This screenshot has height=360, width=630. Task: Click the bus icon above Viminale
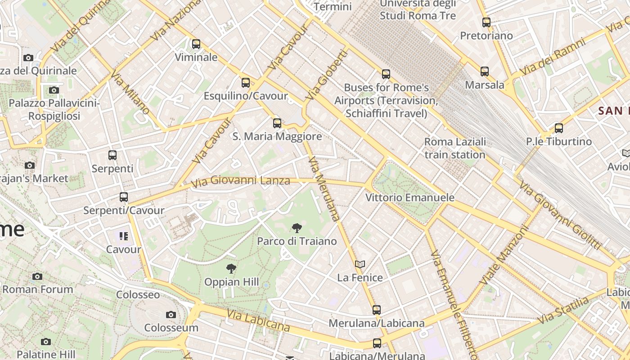click(x=196, y=44)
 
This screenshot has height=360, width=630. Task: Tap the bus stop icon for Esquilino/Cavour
click(x=245, y=83)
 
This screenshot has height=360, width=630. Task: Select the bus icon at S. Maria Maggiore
click(x=277, y=123)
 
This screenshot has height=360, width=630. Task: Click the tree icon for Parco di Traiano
click(x=297, y=228)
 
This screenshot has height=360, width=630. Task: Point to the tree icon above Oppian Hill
click(x=231, y=269)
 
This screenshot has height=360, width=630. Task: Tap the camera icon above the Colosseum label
click(x=171, y=315)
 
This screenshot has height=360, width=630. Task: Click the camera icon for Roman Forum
click(x=37, y=276)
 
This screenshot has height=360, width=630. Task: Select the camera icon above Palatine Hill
click(x=45, y=342)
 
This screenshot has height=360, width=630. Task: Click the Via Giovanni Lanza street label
click(x=240, y=181)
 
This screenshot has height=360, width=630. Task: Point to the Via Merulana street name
click(x=324, y=189)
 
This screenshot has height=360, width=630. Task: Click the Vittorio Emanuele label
click(x=409, y=198)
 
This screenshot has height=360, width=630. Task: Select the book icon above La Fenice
click(x=360, y=264)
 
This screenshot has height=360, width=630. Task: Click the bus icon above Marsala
click(x=485, y=72)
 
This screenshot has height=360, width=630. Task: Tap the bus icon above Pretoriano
click(x=486, y=22)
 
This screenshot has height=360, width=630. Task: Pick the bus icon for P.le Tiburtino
click(x=559, y=128)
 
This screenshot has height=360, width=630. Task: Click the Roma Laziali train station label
click(x=455, y=148)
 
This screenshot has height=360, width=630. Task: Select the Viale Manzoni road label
click(x=503, y=255)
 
